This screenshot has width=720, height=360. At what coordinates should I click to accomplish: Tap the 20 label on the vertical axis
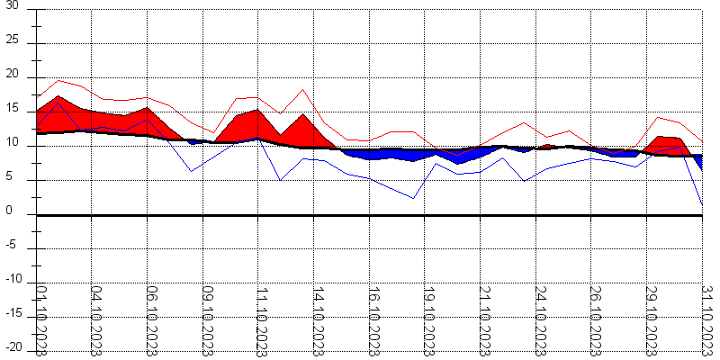pos(11,76)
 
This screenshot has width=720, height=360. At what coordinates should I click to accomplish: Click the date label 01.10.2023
pos(41,319)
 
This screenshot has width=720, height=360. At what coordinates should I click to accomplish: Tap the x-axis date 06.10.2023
pos(151,319)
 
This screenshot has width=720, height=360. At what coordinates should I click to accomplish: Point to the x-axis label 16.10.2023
pos(372,319)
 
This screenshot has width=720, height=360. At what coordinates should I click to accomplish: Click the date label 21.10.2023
pos(482,319)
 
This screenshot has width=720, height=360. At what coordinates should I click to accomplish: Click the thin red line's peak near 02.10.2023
pos(58,80)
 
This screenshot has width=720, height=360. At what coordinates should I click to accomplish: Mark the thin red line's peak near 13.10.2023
pos(303,89)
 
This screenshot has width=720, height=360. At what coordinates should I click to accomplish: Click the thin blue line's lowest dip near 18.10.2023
pos(413,198)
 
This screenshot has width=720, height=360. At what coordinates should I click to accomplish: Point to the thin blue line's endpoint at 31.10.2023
pos(702,205)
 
